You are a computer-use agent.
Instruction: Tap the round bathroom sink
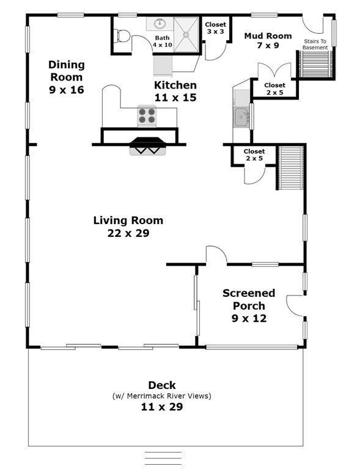click(x=161, y=24)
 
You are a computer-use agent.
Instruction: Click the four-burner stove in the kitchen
click(x=147, y=115)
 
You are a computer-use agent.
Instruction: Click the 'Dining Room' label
click(x=67, y=71)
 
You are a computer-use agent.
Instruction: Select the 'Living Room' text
click(x=128, y=220)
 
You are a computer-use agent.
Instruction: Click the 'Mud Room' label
click(x=268, y=35)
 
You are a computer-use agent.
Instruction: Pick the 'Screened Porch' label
click(x=249, y=299)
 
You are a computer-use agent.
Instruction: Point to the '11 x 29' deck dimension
click(x=162, y=406)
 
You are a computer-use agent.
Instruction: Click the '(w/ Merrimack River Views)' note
click(x=162, y=396)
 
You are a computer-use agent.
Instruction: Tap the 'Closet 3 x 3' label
click(x=216, y=27)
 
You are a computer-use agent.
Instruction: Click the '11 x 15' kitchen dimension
click(x=175, y=97)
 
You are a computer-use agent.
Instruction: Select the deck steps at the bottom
click(x=163, y=457)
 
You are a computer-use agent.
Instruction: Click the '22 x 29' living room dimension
click(x=128, y=233)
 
